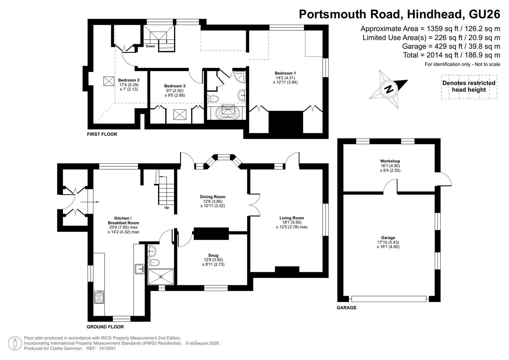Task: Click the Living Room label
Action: click(292, 218)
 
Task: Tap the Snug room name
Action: click(213, 255)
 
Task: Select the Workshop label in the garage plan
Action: click(390, 161)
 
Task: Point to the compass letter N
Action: click(389, 89)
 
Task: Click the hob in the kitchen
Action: click(99, 297)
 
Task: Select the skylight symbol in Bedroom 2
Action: click(109, 81)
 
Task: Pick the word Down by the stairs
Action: click(150, 46)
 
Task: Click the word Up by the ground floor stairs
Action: click(167, 207)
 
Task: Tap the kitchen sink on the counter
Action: click(140, 269)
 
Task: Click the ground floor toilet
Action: click(153, 263)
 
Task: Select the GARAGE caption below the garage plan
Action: click(347, 308)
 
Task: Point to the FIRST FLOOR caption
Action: click(102, 134)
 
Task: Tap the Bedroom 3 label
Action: click(175, 86)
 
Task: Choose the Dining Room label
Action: click(213, 197)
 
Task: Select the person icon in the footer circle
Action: click(15, 343)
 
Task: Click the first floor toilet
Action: click(213, 99)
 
